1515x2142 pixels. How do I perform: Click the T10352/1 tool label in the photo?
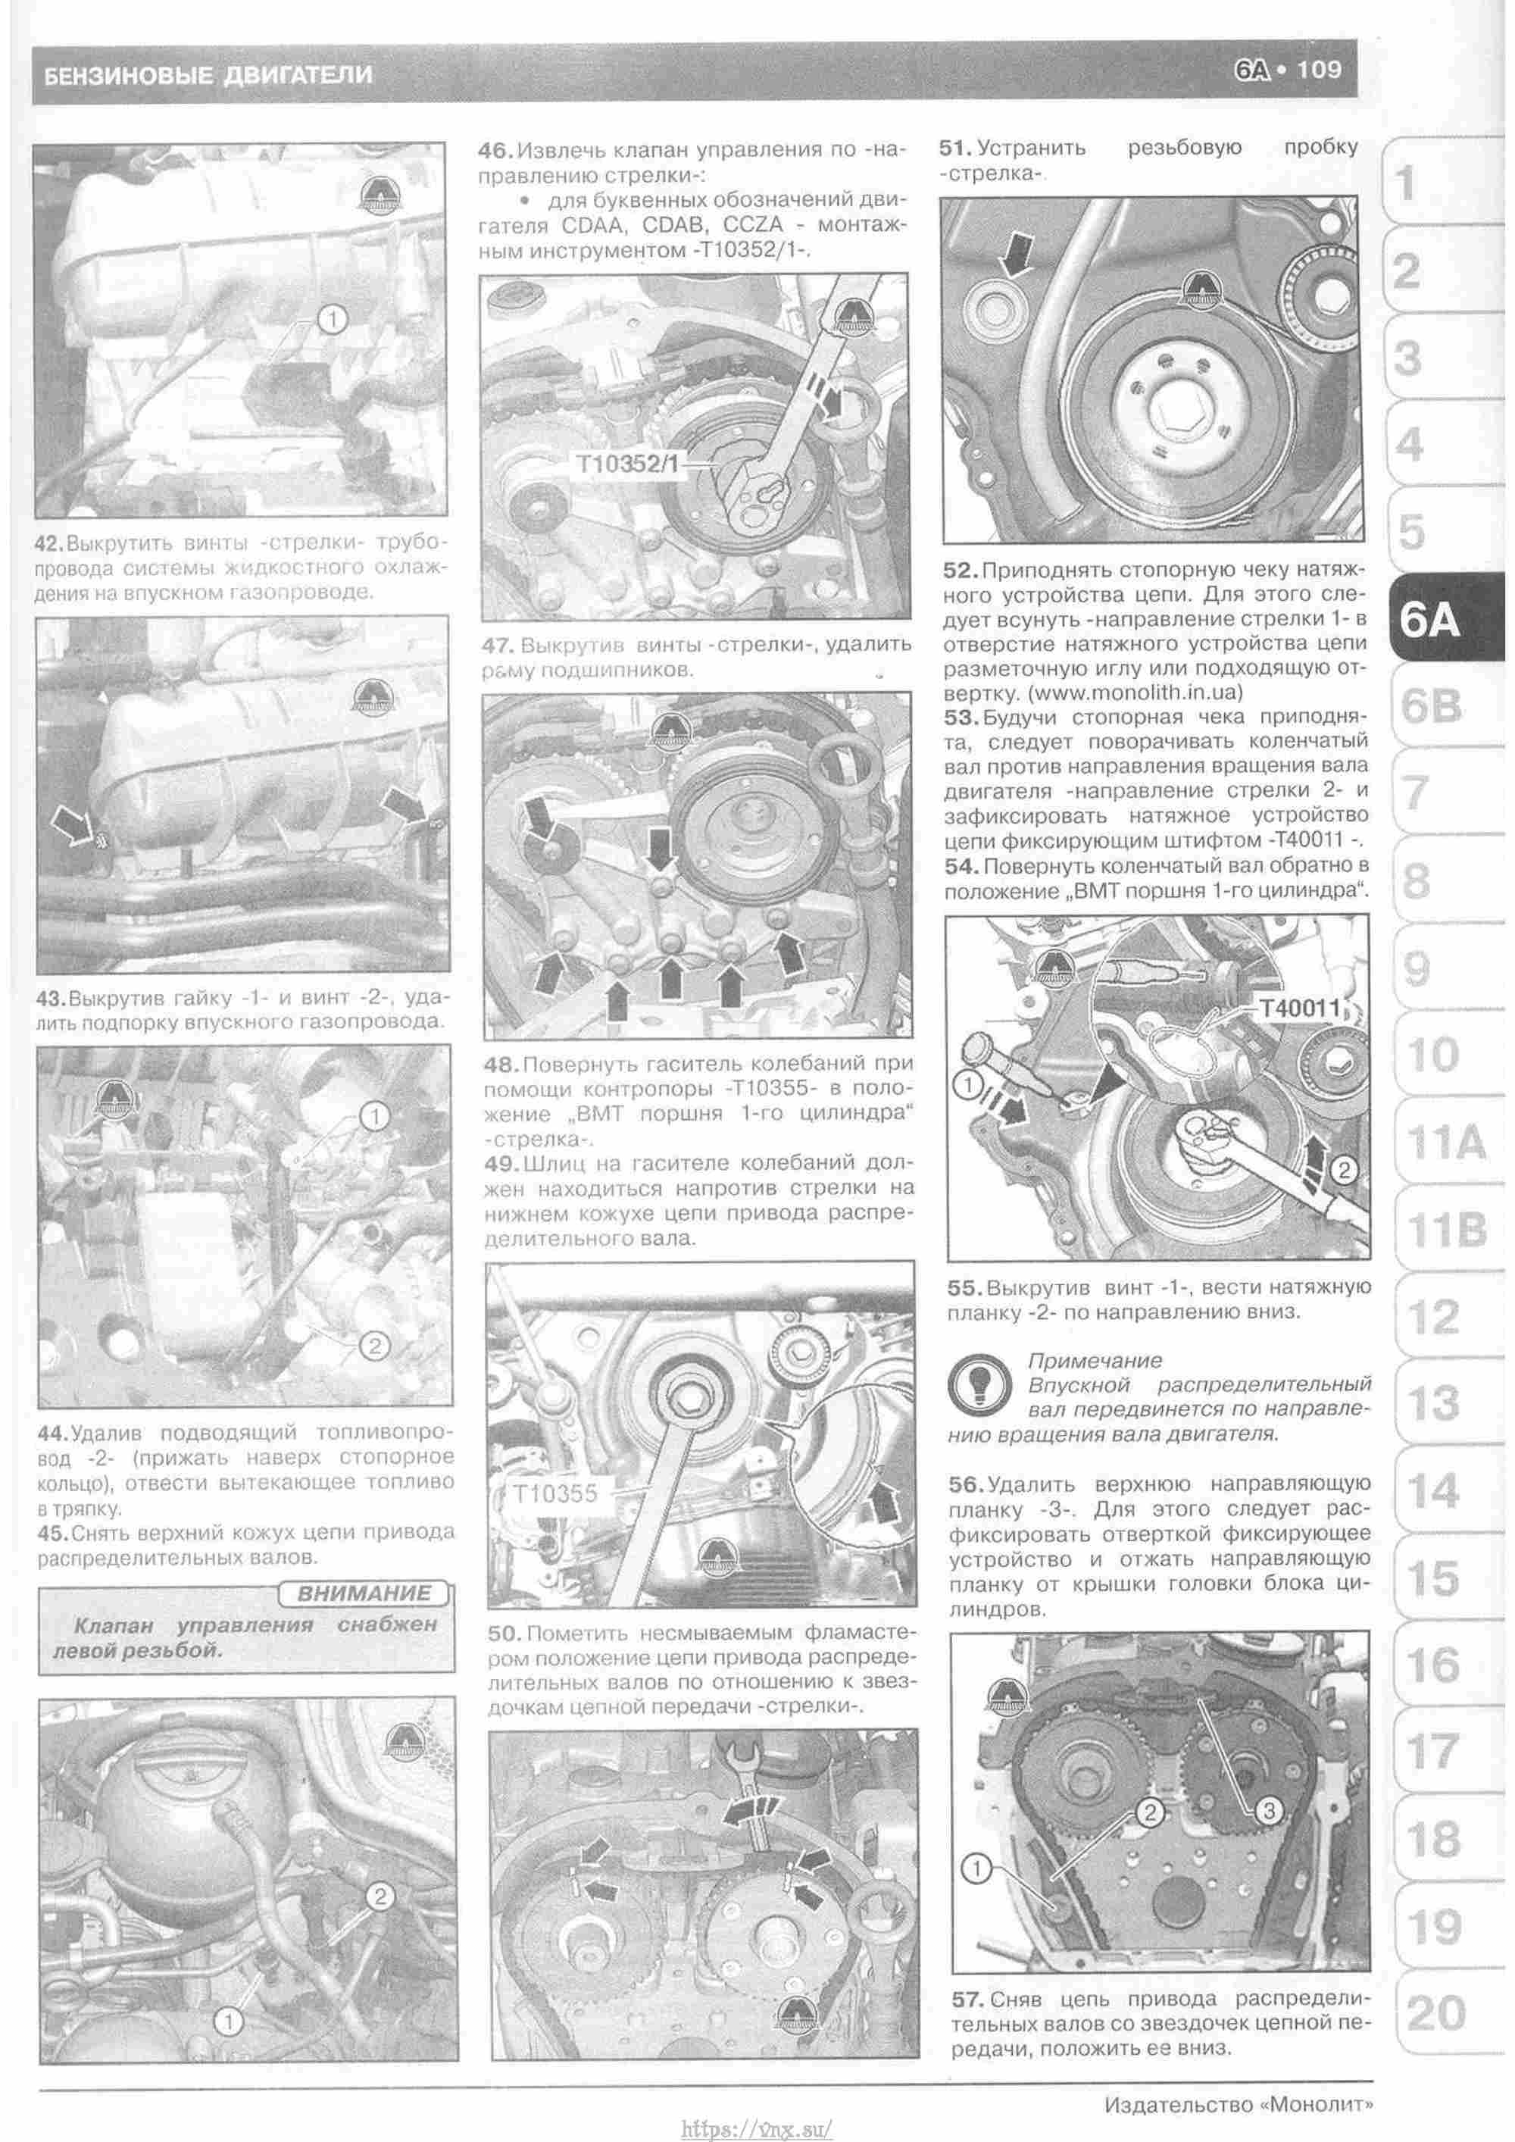click(627, 464)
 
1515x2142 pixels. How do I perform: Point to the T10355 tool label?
click(555, 1493)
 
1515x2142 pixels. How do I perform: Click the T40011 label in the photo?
click(1300, 1008)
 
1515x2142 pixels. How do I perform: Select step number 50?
click(504, 1634)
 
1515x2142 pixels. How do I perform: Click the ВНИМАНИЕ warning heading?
click(364, 1593)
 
